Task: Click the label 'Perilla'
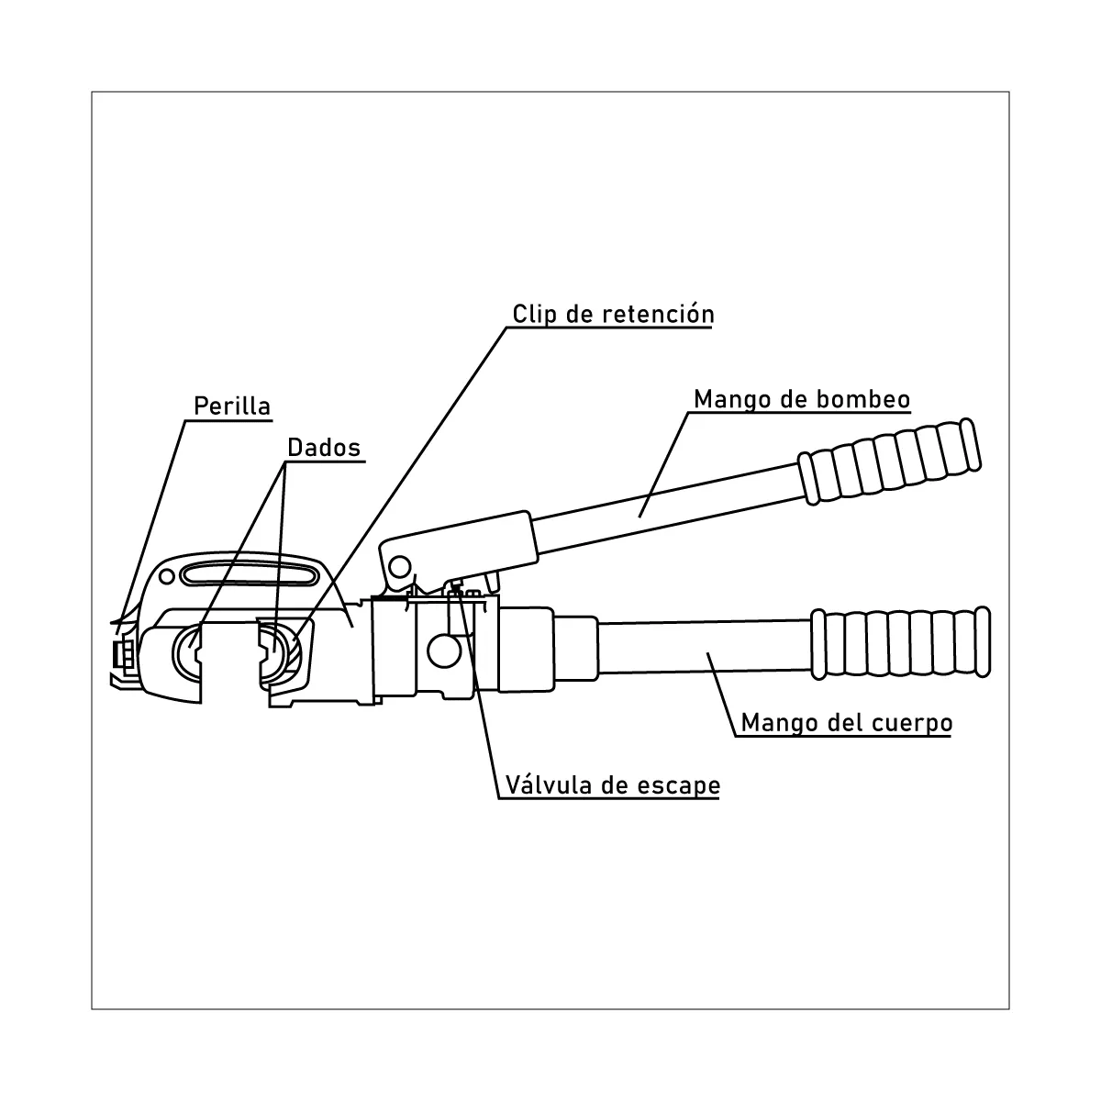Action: tap(232, 406)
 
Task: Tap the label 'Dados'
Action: tap(324, 448)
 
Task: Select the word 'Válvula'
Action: tap(548, 785)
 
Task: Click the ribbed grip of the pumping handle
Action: tap(890, 462)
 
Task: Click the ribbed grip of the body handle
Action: tap(900, 643)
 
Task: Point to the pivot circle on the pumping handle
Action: tap(400, 567)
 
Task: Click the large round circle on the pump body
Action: tap(444, 651)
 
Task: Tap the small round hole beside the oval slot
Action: tap(166, 576)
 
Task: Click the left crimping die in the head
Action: tap(188, 653)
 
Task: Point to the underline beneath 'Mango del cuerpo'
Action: tap(843, 737)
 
